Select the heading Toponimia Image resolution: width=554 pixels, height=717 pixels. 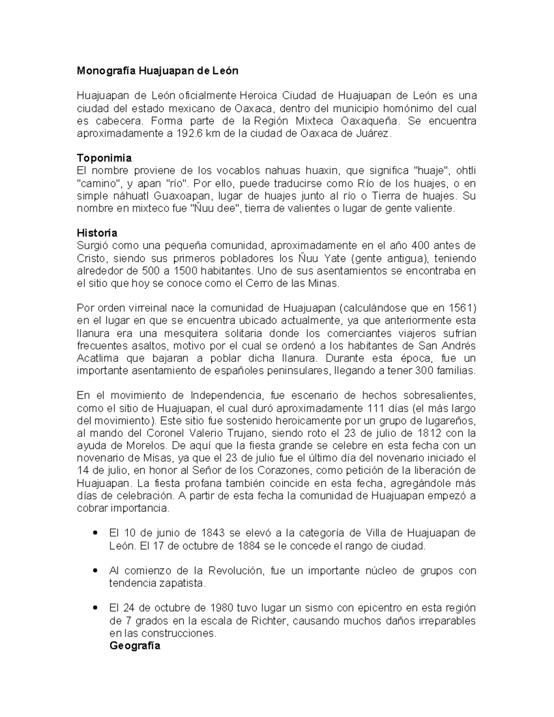point(104,158)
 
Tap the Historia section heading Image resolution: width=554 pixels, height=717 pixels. point(97,233)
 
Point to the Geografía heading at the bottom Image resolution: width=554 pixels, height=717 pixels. point(135,645)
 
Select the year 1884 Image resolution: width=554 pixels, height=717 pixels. point(250,546)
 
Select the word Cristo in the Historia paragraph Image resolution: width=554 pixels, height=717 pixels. point(92,258)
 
